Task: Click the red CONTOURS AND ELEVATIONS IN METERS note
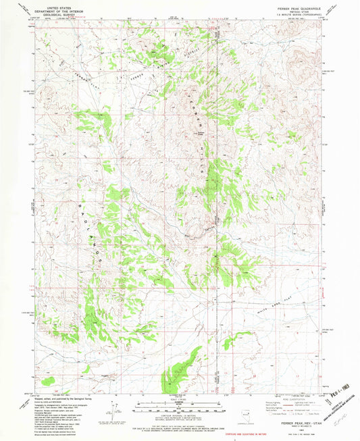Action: tap(179, 433)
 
